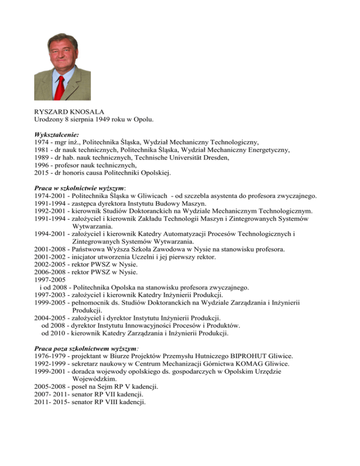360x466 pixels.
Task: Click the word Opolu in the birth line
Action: coord(143,120)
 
